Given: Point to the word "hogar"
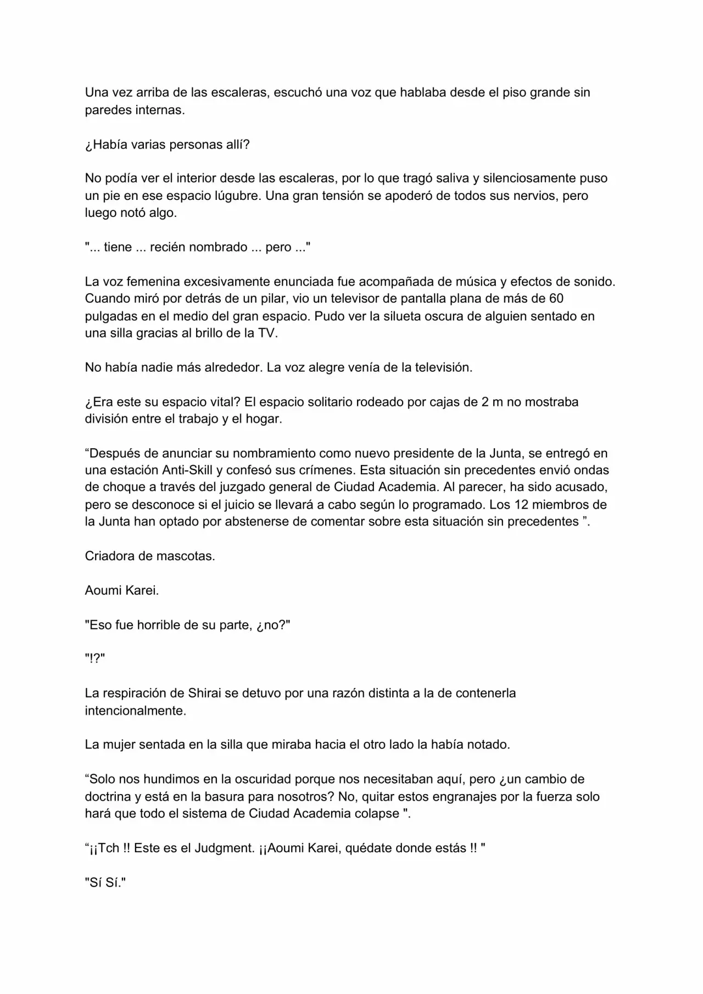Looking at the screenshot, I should click(x=264, y=419).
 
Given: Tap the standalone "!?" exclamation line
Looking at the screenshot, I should click(x=95, y=659).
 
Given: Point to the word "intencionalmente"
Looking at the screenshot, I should click(x=134, y=711).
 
